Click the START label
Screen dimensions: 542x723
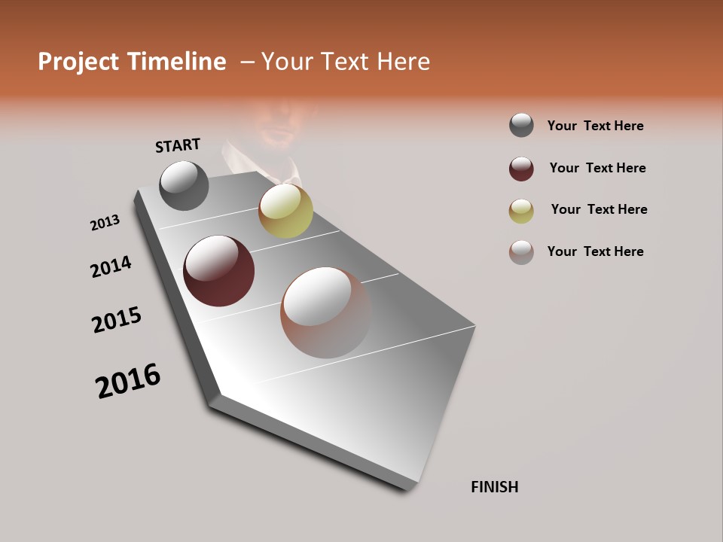tap(178, 145)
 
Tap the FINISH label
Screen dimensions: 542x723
tap(494, 487)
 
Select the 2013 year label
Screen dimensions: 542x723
tap(105, 223)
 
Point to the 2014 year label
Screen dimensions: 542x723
tap(111, 266)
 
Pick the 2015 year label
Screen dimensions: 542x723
tap(117, 320)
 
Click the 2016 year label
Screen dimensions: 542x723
tap(128, 381)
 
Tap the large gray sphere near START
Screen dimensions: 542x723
tap(184, 185)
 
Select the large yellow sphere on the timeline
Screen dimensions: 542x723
tap(285, 211)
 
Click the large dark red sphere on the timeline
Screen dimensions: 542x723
tap(218, 271)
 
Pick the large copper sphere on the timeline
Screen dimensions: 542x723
tap(325, 312)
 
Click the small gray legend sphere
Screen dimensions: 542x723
tap(521, 125)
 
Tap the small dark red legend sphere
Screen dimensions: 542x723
tap(521, 169)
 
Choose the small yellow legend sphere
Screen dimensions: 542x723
tap(521, 211)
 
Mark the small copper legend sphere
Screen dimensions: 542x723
tap(521, 252)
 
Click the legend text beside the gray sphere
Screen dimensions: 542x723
tap(595, 126)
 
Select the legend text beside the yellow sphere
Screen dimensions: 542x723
tap(599, 209)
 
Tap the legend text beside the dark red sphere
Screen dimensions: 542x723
tap(597, 168)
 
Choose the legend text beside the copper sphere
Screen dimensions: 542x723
tap(595, 251)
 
